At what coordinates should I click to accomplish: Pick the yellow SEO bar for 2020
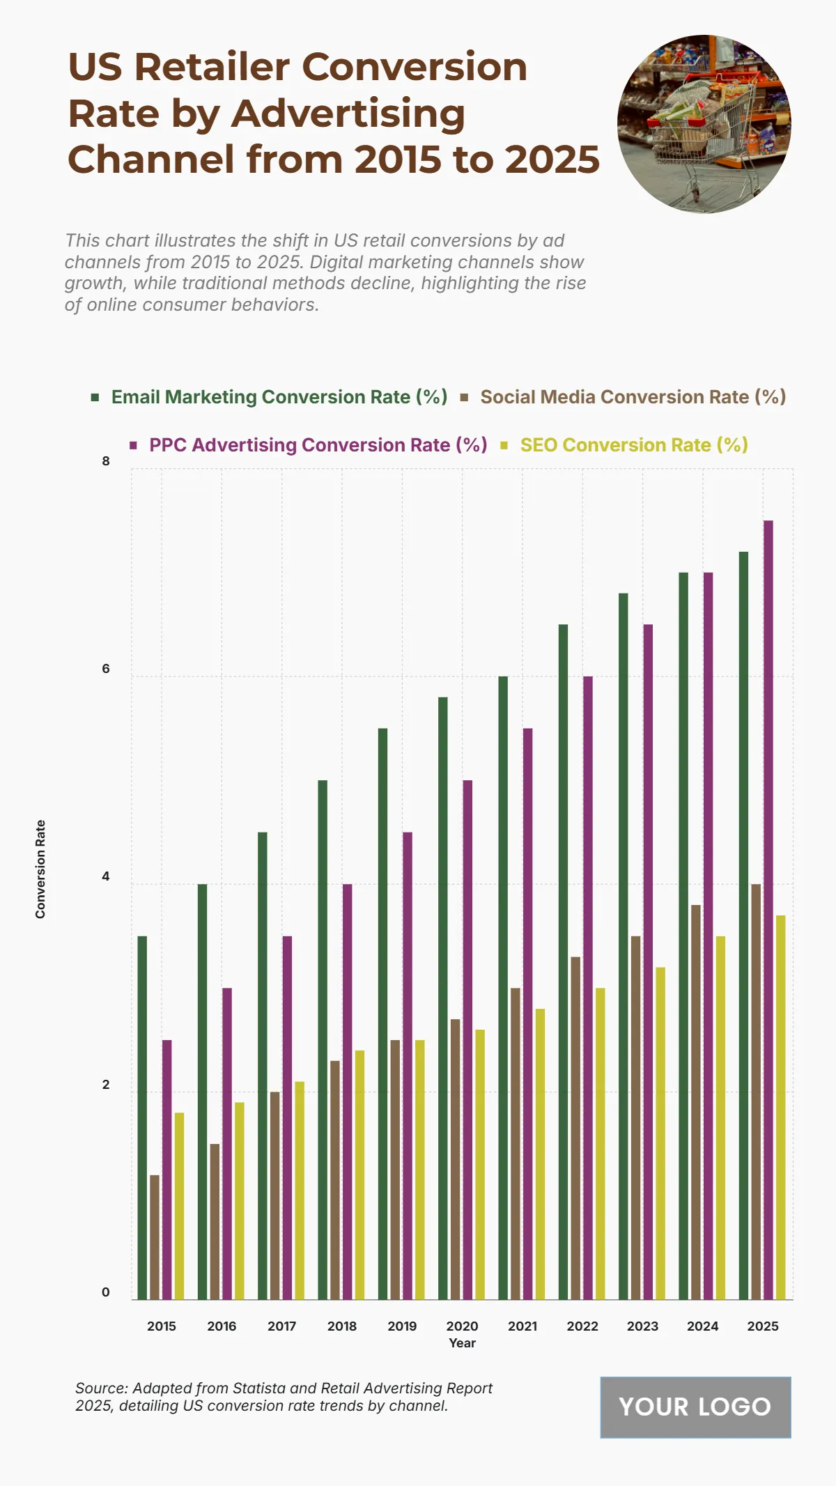click(x=480, y=1164)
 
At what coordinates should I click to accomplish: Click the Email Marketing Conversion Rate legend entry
click(x=279, y=397)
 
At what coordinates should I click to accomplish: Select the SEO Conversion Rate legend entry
click(x=633, y=445)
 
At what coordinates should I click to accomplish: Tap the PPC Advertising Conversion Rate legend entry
click(x=318, y=445)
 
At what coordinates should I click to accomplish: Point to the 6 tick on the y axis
click(x=106, y=669)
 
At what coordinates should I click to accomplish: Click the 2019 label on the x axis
click(x=402, y=1326)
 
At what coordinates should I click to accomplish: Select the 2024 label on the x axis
click(x=702, y=1326)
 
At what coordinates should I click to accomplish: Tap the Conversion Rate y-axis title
click(x=40, y=869)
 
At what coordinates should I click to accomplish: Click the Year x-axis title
click(x=462, y=1343)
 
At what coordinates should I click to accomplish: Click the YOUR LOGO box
click(x=695, y=1407)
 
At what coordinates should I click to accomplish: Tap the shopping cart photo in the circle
click(x=704, y=124)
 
